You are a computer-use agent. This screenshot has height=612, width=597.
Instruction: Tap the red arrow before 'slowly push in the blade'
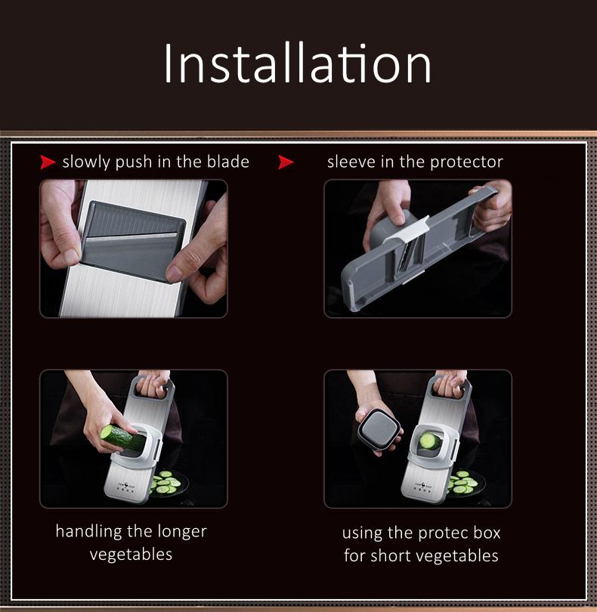click(48, 162)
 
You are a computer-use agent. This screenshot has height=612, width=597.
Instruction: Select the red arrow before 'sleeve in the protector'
click(286, 162)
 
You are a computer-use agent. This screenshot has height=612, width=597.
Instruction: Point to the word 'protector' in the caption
click(469, 162)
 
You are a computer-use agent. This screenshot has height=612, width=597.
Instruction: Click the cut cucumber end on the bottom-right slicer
click(428, 441)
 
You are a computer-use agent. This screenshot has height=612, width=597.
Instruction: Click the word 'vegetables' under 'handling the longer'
click(131, 555)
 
